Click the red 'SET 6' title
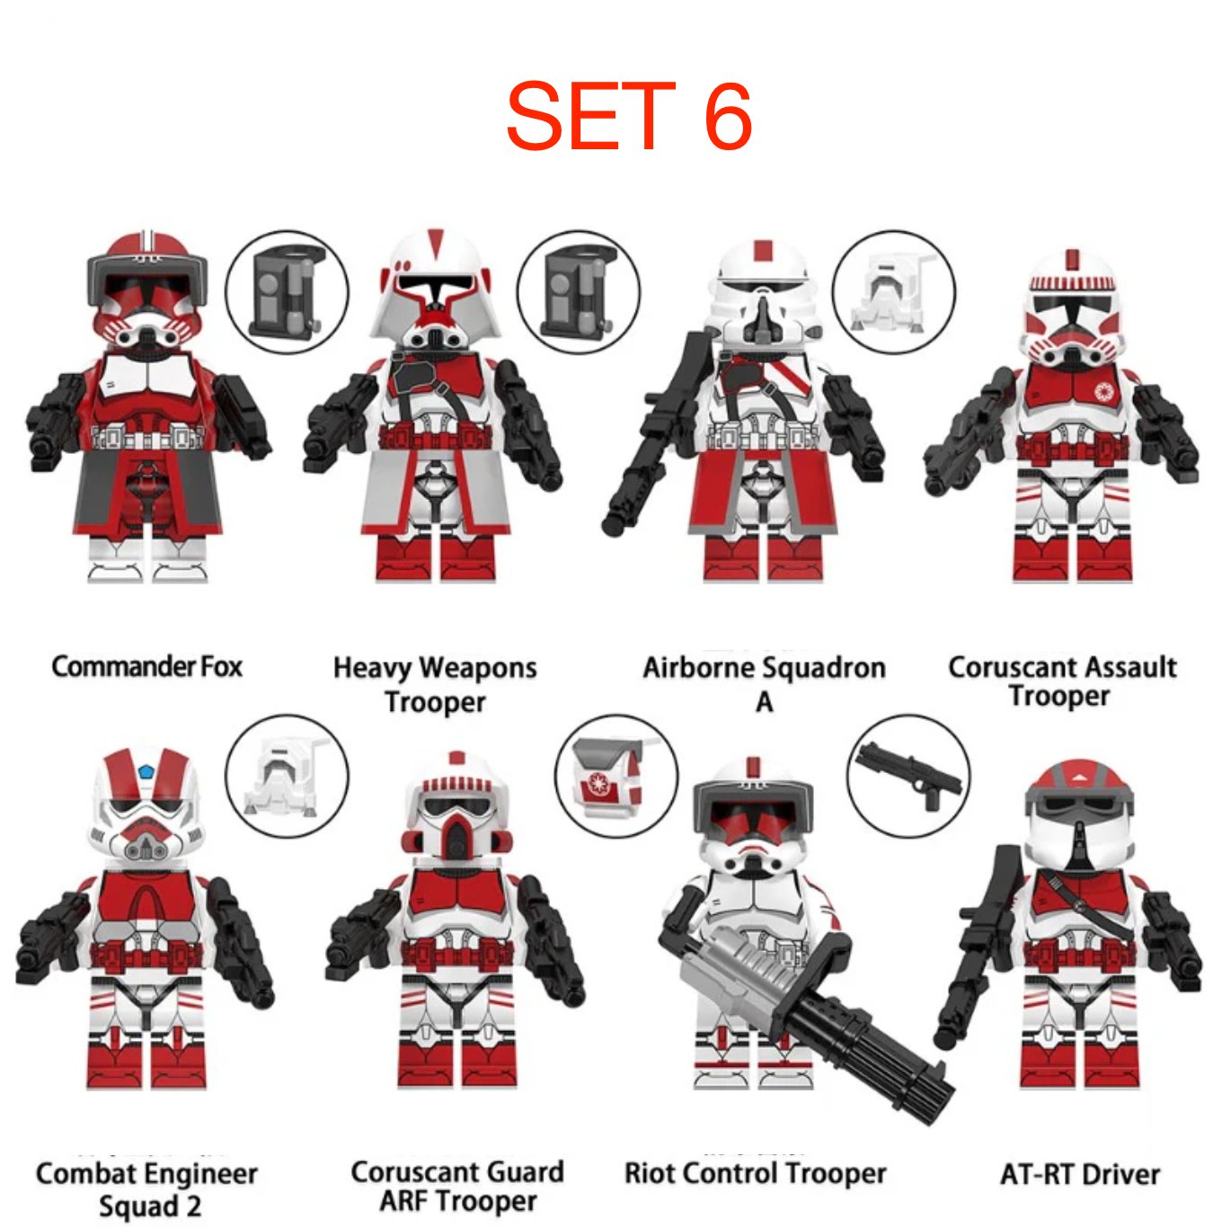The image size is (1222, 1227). [629, 116]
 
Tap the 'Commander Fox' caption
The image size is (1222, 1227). [147, 667]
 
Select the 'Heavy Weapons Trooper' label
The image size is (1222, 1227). [435, 685]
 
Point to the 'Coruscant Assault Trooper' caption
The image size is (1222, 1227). [1061, 682]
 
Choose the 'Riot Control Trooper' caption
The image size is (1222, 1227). [756, 1173]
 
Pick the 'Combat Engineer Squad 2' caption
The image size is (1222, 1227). [147, 1189]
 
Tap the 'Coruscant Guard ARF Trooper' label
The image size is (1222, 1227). [457, 1187]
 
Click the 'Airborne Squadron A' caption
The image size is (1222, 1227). [764, 685]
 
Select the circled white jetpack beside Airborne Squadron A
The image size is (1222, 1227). [893, 291]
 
